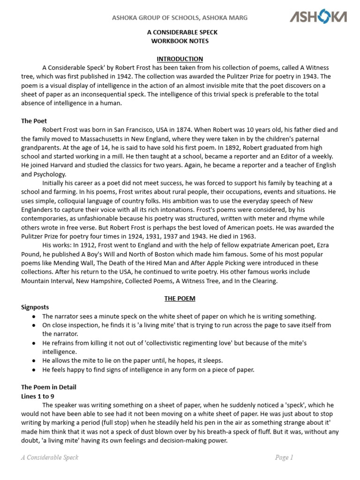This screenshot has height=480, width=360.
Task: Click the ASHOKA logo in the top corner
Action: point(318,18)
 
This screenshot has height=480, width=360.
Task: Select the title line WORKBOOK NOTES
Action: point(180,41)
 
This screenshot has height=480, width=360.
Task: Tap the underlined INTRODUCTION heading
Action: point(180,59)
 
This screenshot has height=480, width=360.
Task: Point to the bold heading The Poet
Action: point(34,120)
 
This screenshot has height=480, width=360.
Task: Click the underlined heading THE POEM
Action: point(180,298)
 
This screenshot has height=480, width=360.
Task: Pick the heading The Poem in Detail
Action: point(48,387)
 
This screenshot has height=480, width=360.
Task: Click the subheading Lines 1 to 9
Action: point(42,396)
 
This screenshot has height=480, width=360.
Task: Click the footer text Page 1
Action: point(284,457)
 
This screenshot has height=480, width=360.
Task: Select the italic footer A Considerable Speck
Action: point(50,457)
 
